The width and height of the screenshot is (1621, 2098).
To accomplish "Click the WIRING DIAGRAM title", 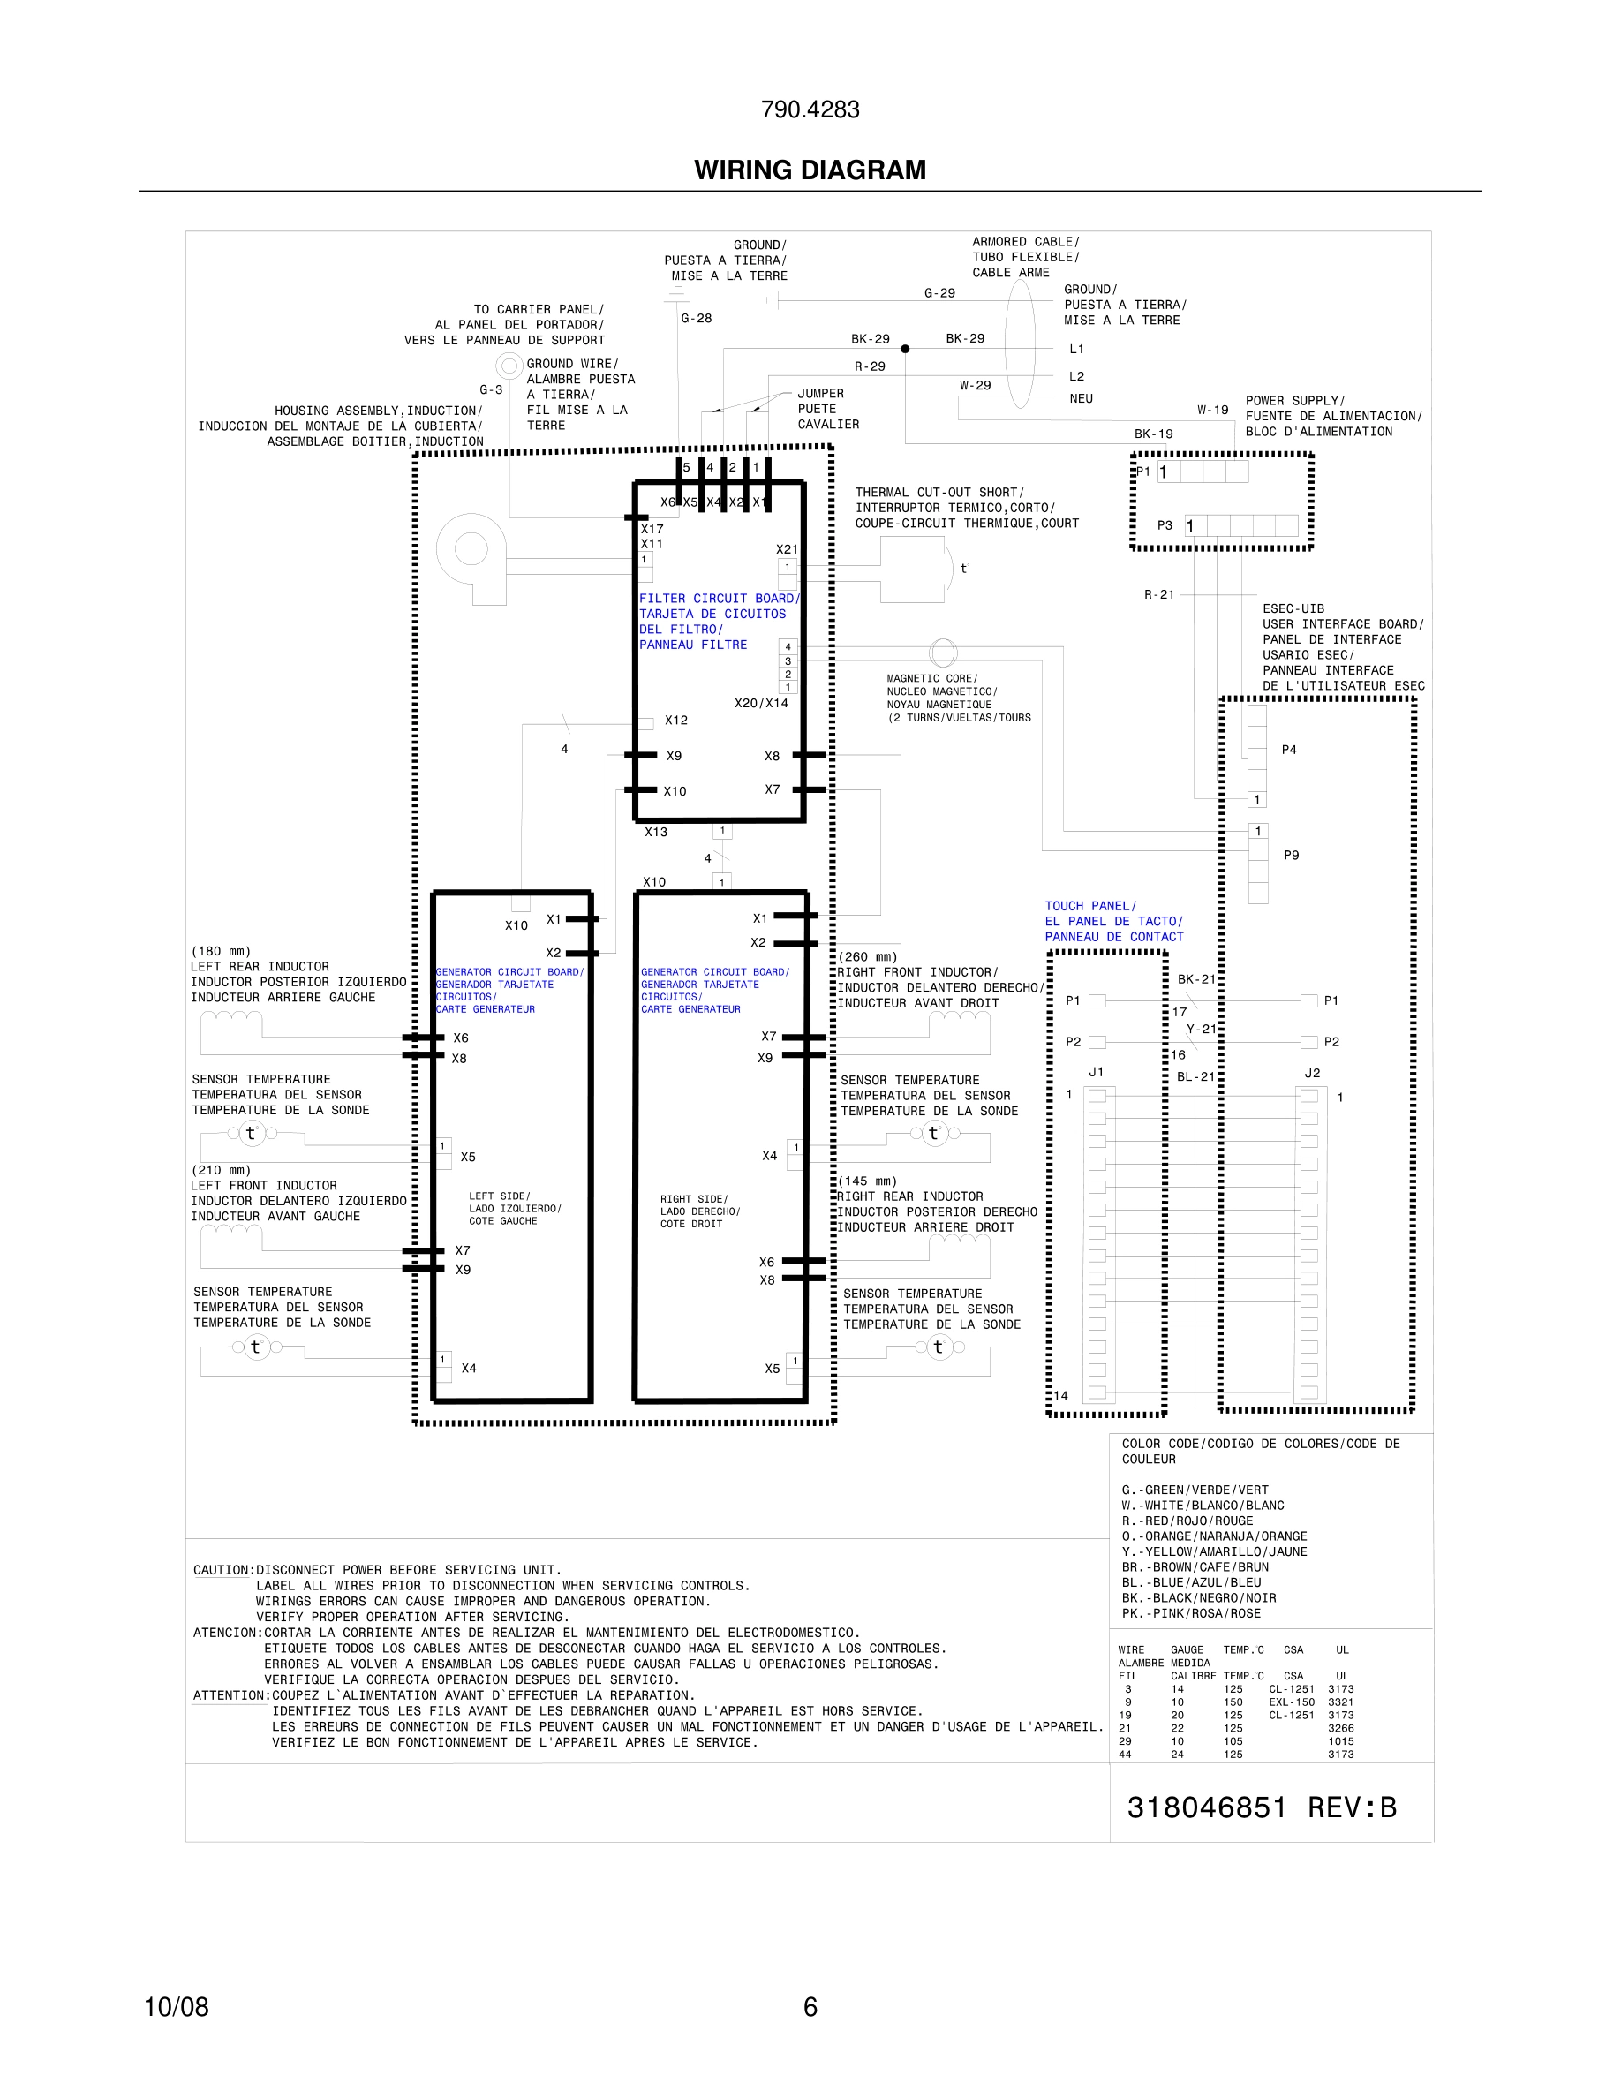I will [810, 170].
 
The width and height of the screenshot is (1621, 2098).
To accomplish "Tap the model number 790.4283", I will [810, 109].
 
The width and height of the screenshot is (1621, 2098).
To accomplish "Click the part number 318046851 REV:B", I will [1261, 1807].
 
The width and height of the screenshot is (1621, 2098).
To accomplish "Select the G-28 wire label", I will [697, 319].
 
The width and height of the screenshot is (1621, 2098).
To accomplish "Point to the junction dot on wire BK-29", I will [905, 349].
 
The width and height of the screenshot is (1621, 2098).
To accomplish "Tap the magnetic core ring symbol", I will [943, 653].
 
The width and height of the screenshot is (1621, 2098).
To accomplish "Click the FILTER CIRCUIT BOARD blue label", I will [719, 599].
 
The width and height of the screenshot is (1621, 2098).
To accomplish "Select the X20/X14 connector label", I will [760, 703].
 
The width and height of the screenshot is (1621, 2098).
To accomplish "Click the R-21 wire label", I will [1159, 594].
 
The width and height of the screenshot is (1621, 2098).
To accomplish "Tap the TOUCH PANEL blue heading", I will [1090, 906].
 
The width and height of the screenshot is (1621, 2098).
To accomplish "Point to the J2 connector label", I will [1312, 1073].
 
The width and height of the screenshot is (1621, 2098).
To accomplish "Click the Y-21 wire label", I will [1201, 1029].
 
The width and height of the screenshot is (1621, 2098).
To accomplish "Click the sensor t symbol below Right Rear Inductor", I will [938, 1347].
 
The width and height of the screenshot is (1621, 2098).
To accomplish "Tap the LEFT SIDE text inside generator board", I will [500, 1196].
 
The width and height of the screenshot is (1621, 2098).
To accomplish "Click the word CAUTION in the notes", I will [221, 1571].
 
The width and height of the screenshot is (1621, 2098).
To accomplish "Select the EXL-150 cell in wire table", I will [1291, 1702].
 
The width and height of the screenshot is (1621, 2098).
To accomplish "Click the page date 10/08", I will [176, 2006].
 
